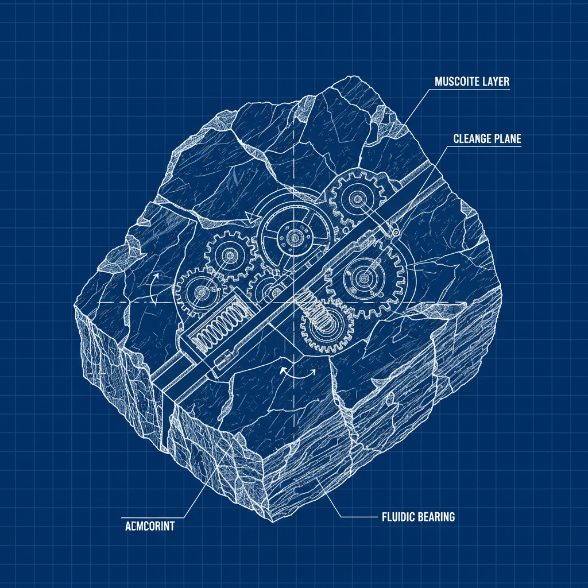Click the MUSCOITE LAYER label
click(x=471, y=82)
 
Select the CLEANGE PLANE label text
click(x=487, y=138)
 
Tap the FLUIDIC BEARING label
click(x=418, y=517)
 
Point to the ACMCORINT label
click(x=149, y=525)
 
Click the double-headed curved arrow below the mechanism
click(x=297, y=371)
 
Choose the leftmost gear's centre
click(x=202, y=293)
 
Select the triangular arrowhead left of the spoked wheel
click(x=249, y=216)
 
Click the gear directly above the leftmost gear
click(x=231, y=255)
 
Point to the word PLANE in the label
click(x=505, y=138)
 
